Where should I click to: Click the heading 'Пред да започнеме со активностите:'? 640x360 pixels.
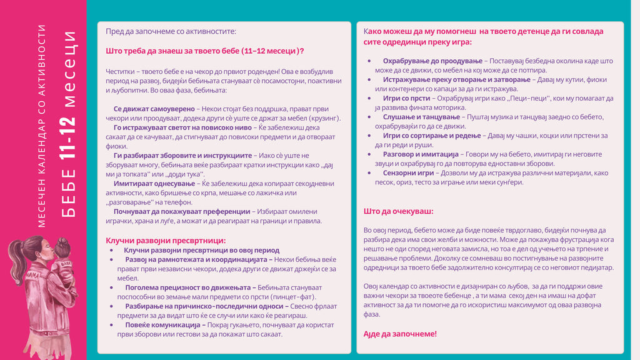coord(171,31)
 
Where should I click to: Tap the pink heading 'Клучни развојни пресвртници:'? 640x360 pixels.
coord(166,241)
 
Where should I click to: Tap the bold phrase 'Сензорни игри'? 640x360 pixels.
coord(409,172)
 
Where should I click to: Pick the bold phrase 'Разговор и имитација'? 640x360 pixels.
coord(420,154)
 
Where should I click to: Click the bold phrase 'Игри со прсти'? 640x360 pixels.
coord(407,98)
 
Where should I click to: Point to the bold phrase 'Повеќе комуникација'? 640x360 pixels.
coord(165,325)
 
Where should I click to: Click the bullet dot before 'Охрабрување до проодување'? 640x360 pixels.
coord(369,61)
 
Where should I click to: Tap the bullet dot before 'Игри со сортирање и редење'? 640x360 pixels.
coord(369,136)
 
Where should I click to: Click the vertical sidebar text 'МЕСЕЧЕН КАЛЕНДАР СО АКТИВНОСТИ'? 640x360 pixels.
coord(42,125)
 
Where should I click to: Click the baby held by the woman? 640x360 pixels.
coord(63,262)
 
